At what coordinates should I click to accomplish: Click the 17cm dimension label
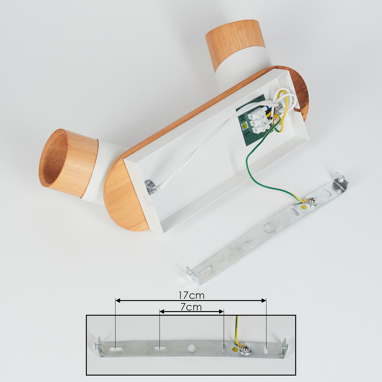[x=191, y=296]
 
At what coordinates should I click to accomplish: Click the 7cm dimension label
[x=191, y=307]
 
